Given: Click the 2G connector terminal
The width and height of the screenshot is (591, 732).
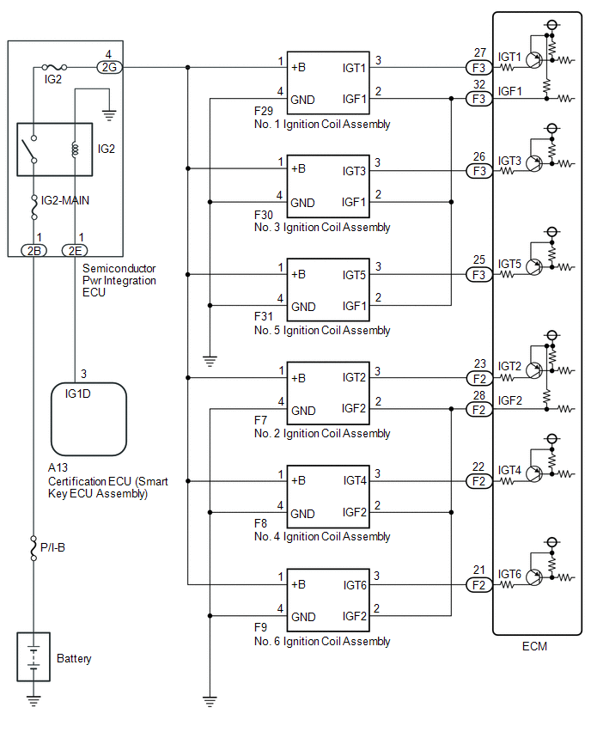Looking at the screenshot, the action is coord(109,67).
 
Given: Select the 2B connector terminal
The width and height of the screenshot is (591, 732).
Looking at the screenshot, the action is coord(34,251).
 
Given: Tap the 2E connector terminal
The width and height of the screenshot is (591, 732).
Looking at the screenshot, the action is coord(75,251).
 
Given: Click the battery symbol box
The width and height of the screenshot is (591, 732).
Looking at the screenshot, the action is coord(34,656).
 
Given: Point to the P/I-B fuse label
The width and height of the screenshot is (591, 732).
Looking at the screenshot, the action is coord(52,547).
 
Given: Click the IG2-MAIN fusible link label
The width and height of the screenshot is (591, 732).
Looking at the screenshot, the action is coord(65,201).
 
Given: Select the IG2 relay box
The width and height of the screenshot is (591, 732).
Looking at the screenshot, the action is coord(55,149).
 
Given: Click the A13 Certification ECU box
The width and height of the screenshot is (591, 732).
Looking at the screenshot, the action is coord(88,419).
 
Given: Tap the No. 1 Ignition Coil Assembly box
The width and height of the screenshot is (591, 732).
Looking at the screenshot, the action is coord(328,82).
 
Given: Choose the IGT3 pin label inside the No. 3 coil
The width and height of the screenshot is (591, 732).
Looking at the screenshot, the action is coord(354,171).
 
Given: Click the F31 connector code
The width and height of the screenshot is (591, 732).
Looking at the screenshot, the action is coord(264,316).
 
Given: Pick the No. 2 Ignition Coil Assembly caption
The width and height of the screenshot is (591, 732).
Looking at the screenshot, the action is coord(322,434).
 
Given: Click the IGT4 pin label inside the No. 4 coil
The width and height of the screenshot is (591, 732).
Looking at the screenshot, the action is coord(355,481).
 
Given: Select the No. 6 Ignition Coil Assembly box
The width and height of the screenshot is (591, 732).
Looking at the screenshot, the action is coord(328,600).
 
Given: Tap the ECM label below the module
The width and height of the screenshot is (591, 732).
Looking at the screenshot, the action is coord(534,647).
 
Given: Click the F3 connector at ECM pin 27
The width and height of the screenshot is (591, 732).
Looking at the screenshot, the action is coord(479,68).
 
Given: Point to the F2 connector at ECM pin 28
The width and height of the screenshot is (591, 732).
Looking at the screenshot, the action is coord(479,410).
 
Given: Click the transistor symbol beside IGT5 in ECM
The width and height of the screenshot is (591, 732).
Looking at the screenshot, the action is coord(534,267).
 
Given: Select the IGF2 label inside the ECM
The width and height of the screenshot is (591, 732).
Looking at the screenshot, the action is coord(509,400).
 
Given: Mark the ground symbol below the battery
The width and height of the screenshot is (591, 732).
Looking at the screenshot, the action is coord(34,700).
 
